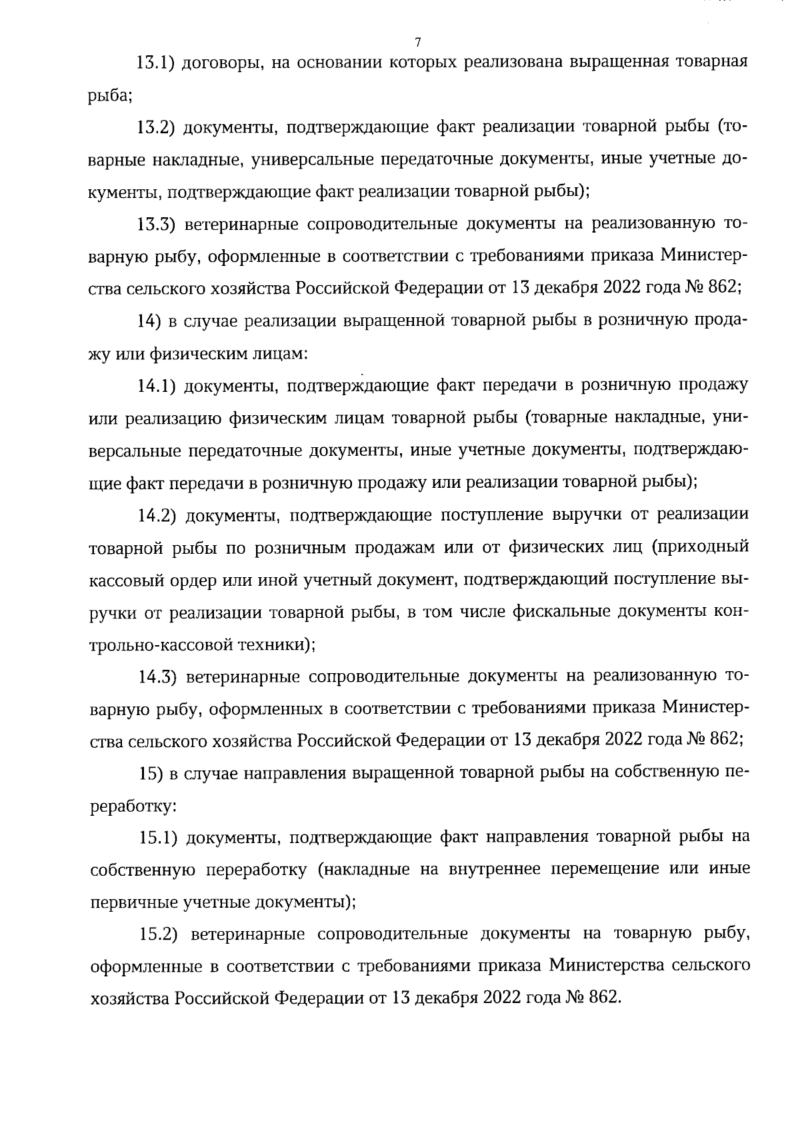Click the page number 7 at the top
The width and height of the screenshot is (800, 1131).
417,43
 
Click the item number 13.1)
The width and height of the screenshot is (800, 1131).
155,63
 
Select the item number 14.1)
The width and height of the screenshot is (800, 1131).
157,385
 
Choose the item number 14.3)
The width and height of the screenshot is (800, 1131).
157,677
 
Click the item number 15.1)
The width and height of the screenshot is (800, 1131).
158,837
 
